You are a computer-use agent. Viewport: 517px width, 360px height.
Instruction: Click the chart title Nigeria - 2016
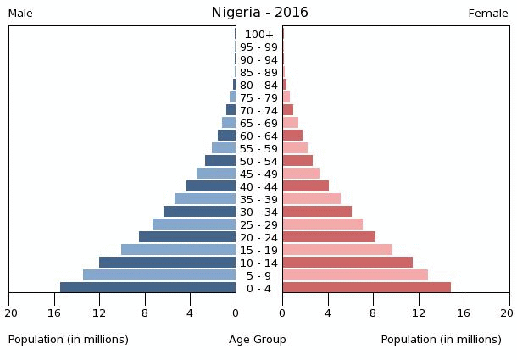[259, 13]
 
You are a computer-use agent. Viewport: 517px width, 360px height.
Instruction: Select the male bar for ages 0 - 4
[148, 288]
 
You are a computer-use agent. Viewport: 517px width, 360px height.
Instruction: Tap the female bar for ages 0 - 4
[366, 288]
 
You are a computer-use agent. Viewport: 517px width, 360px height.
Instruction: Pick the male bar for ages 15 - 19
[179, 250]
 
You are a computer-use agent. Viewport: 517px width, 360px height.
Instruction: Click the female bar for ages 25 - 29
[323, 224]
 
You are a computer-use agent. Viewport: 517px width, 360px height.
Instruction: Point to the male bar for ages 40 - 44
[211, 186]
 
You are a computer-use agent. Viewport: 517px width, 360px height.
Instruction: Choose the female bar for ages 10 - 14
[347, 263]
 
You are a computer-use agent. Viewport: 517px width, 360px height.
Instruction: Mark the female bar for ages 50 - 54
[297, 161]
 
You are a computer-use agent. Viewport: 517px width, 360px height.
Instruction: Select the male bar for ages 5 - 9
[159, 275]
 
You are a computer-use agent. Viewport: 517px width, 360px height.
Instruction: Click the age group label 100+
[258, 35]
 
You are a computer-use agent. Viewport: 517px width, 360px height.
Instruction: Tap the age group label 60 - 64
[258, 136]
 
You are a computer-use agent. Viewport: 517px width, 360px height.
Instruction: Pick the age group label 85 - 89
[258, 73]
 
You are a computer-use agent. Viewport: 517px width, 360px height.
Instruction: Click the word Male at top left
[20, 14]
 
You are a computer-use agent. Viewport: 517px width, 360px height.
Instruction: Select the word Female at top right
[488, 14]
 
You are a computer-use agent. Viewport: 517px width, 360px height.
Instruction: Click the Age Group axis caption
[258, 340]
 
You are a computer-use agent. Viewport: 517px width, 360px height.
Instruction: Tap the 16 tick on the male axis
[55, 313]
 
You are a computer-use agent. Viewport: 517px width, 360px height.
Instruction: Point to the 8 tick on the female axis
[373, 313]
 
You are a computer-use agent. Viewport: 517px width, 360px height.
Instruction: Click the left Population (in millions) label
[69, 340]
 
